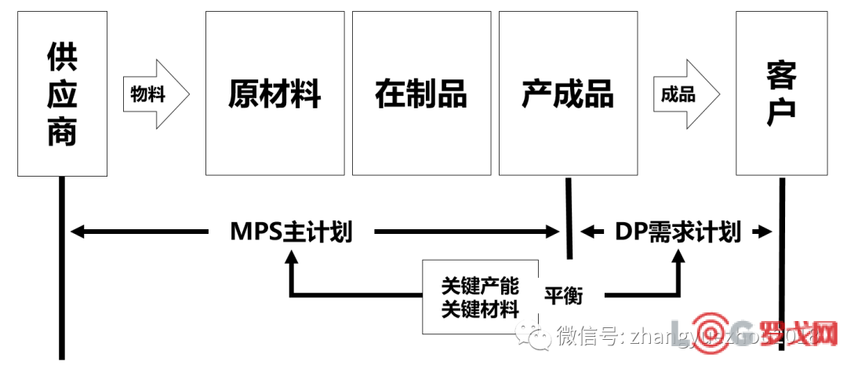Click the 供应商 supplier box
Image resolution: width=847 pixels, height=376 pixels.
[x=62, y=94]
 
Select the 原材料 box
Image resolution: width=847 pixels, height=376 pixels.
[x=274, y=93]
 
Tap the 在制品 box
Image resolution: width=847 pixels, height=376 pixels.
[x=421, y=93]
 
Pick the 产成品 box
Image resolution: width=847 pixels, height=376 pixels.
[x=568, y=93]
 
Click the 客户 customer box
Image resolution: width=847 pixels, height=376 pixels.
[x=781, y=93]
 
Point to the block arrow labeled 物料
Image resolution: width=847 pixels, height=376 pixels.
[x=155, y=94]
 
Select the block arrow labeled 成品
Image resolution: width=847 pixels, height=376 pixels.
[x=685, y=94]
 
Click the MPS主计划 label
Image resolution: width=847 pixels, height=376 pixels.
[x=291, y=232]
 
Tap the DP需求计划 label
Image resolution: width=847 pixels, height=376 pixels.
[x=678, y=232]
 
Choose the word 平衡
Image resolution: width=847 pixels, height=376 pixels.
[x=563, y=297]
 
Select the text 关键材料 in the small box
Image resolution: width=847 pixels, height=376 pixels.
[x=480, y=308]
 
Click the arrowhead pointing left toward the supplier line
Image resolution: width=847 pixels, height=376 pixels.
[x=77, y=232]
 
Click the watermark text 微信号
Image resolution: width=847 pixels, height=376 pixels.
[x=587, y=337]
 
